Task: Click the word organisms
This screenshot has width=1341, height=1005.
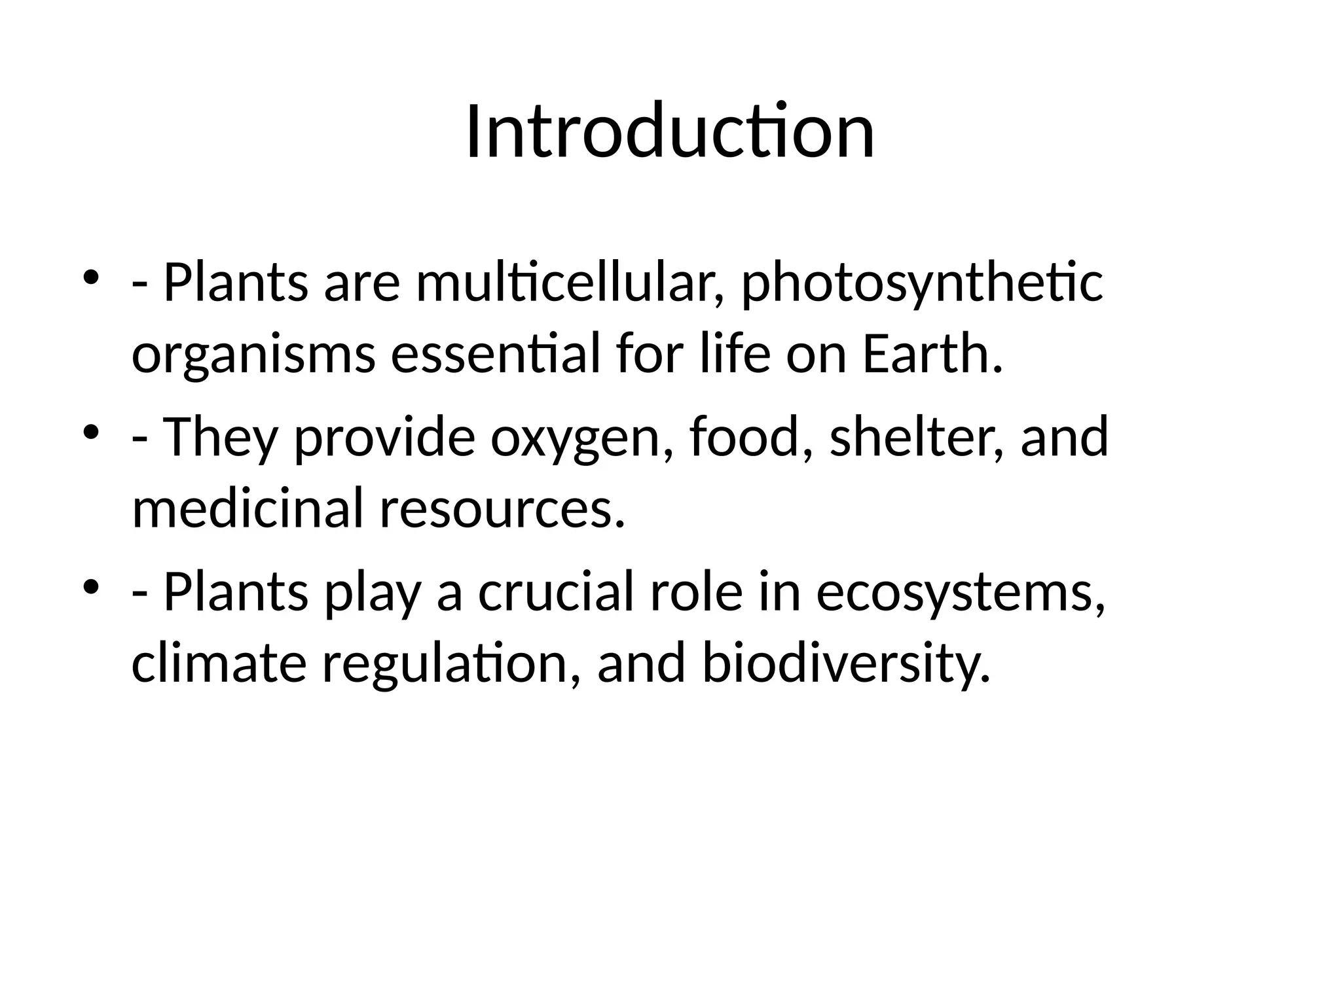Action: (253, 357)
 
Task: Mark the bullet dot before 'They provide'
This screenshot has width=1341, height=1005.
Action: (91, 432)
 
